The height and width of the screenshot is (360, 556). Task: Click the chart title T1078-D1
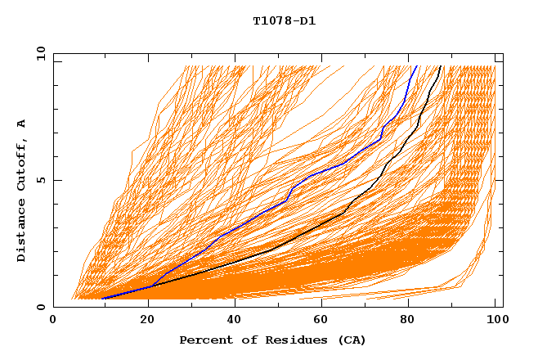point(284,21)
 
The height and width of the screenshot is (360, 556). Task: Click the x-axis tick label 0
point(53,321)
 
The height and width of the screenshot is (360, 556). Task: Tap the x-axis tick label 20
point(141,321)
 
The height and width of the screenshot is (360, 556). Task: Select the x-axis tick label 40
point(230,321)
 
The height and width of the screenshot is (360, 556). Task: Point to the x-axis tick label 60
point(318,321)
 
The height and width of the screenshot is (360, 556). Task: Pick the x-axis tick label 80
point(406,321)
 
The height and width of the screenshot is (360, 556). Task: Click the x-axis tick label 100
point(495,321)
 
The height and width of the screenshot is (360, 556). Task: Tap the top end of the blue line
point(416,66)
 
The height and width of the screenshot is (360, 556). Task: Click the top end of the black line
point(441,66)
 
